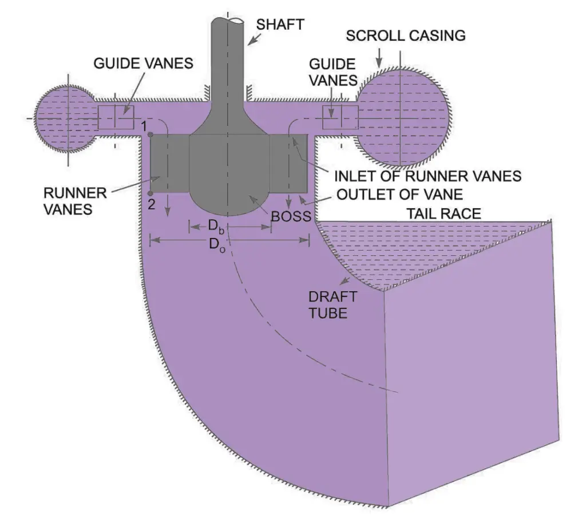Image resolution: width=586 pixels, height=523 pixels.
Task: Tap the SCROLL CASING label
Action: [x=406, y=35]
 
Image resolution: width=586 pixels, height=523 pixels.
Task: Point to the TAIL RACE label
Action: [x=444, y=213]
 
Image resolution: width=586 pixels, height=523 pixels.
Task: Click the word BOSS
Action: [x=291, y=217]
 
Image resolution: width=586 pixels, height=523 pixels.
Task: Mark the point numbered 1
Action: [x=149, y=135]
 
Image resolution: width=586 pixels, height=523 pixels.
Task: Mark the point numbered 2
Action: [x=149, y=193]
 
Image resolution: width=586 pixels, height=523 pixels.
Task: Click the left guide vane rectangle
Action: [x=116, y=117]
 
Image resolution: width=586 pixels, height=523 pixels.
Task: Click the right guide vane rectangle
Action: [x=340, y=117]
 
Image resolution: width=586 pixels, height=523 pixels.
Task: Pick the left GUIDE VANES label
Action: [x=143, y=63]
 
